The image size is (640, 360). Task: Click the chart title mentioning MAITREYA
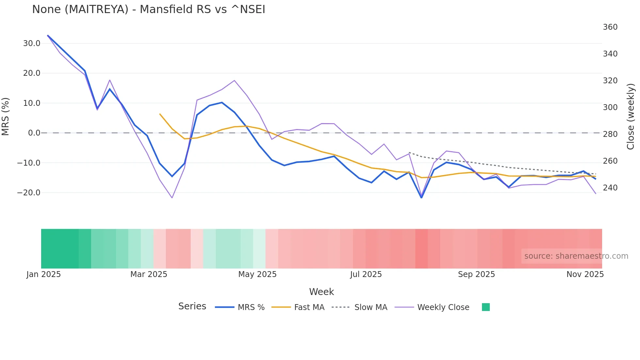(149, 9)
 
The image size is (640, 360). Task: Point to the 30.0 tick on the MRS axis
(32, 43)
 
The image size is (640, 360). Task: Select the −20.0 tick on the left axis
(29, 193)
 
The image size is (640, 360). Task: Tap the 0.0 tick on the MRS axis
(34, 133)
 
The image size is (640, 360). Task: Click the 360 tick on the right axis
(610, 27)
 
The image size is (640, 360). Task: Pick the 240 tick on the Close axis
(610, 188)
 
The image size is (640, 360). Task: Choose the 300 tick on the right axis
(610, 107)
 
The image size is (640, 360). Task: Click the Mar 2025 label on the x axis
(149, 274)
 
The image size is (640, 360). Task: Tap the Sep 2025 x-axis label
(476, 274)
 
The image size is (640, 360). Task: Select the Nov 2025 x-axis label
(585, 274)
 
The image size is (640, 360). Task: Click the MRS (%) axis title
(6, 117)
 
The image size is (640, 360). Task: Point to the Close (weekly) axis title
(631, 117)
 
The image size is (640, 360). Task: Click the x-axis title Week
(321, 292)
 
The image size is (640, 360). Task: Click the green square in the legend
(486, 307)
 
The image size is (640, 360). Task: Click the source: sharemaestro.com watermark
(576, 256)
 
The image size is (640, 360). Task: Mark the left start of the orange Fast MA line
(160, 114)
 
